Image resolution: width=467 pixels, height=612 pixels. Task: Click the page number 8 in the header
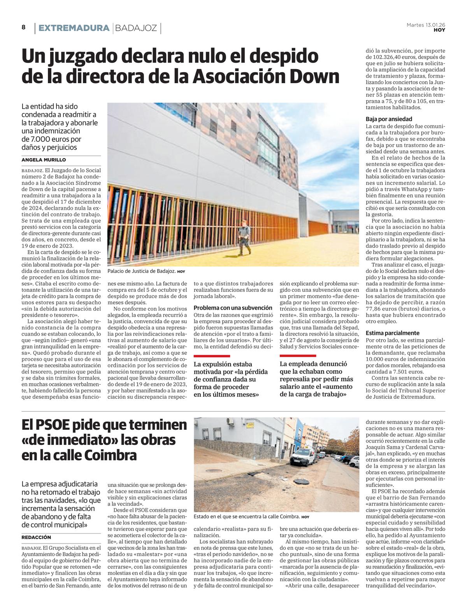[x=24, y=27]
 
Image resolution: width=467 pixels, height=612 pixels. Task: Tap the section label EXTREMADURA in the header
[x=74, y=28]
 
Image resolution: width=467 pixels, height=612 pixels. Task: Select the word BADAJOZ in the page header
[x=136, y=28]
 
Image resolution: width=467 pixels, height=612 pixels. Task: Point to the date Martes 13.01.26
[x=426, y=25]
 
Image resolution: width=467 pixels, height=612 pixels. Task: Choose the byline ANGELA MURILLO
[x=44, y=160]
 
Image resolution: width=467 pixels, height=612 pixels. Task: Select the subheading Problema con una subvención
[x=233, y=308]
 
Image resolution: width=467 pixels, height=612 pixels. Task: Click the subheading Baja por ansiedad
[x=389, y=119]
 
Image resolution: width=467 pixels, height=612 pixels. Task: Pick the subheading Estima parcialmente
[x=392, y=333]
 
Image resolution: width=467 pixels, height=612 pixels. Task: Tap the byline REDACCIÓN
[x=36, y=537]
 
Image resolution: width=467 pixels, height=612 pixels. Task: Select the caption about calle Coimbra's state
[x=246, y=517]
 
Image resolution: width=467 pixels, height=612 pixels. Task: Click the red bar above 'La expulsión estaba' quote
[x=212, y=356]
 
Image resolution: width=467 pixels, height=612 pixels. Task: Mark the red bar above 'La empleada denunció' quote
[x=298, y=356]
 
